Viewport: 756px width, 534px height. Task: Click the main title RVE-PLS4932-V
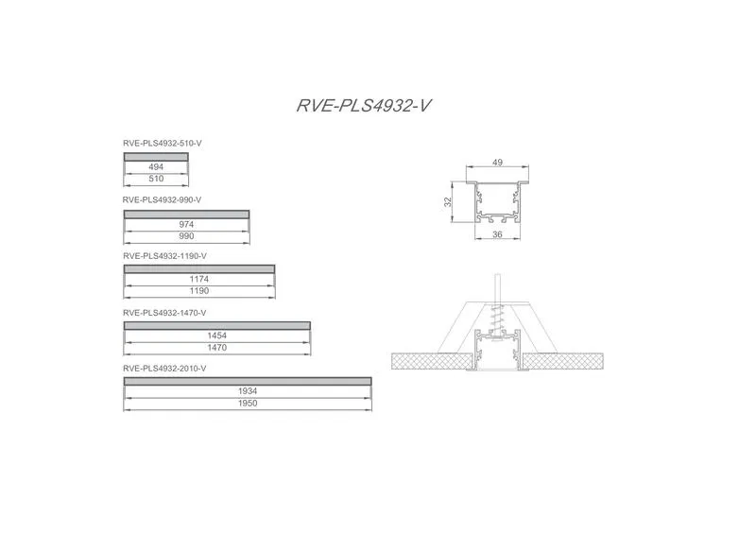tap(364, 106)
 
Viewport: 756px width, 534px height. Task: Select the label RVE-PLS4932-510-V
tap(162, 144)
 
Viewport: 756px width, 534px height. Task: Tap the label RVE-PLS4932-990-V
tap(162, 199)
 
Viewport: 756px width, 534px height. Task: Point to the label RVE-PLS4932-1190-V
tap(164, 256)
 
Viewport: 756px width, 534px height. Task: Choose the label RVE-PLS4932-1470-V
tap(164, 313)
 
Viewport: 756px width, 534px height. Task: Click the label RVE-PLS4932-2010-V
tap(164, 369)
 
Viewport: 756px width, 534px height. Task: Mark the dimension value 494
tap(156, 167)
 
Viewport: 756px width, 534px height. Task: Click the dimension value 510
tap(156, 179)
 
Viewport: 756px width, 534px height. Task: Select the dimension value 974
tap(186, 224)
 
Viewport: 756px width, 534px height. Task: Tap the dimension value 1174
tap(199, 279)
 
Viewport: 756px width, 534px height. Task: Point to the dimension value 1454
tap(217, 336)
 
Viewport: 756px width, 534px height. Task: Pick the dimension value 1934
tap(248, 391)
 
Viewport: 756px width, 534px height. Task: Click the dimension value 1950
tap(248, 404)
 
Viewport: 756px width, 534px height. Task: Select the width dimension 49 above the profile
tap(498, 163)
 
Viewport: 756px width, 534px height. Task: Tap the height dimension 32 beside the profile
tap(448, 201)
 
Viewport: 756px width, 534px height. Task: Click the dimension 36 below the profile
tap(498, 234)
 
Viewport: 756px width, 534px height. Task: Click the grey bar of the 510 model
tap(156, 157)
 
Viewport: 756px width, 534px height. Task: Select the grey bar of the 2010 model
tap(248, 382)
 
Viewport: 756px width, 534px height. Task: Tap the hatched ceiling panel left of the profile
tap(432, 361)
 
